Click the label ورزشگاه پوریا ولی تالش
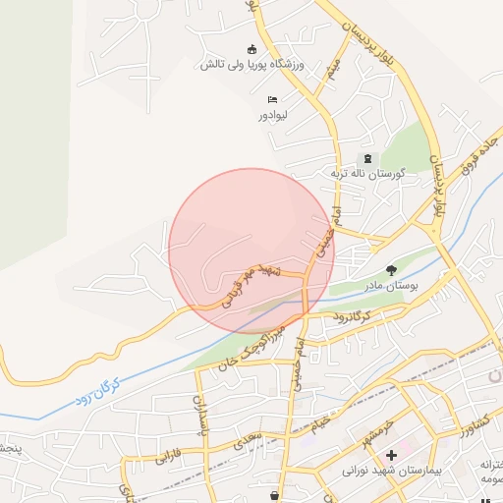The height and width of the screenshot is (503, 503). (x=252, y=65)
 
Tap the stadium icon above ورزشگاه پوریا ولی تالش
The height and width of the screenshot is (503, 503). (x=252, y=50)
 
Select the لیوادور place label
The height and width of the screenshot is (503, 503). (x=271, y=115)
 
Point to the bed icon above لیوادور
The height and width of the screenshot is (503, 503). (x=272, y=100)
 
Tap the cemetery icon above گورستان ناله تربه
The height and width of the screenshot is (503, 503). (x=368, y=159)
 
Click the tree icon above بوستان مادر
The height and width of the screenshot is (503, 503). (x=392, y=269)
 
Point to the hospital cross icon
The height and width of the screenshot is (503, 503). (x=392, y=455)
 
